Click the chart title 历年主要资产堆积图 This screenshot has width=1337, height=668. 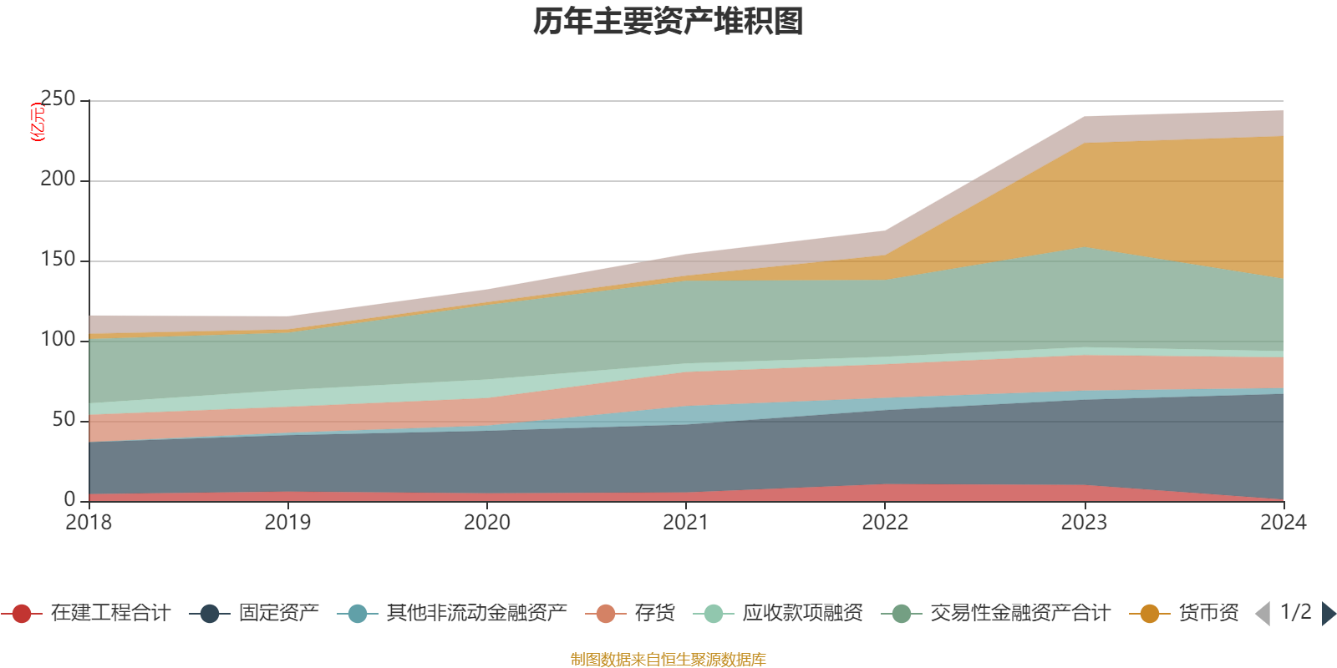668,22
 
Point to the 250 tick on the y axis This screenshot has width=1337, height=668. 58,99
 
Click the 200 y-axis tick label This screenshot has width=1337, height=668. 58,180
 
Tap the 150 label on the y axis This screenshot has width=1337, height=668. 58,260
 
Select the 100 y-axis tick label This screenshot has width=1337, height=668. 58,339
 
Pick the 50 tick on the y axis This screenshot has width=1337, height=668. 64,419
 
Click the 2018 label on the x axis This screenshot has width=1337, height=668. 89,523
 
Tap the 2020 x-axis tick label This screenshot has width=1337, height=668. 487,523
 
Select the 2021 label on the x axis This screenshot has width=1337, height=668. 686,523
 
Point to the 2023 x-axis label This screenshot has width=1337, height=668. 1084,523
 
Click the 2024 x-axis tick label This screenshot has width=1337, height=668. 1283,523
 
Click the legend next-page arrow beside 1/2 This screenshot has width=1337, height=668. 1329,614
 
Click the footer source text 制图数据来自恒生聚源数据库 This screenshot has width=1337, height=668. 668,660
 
